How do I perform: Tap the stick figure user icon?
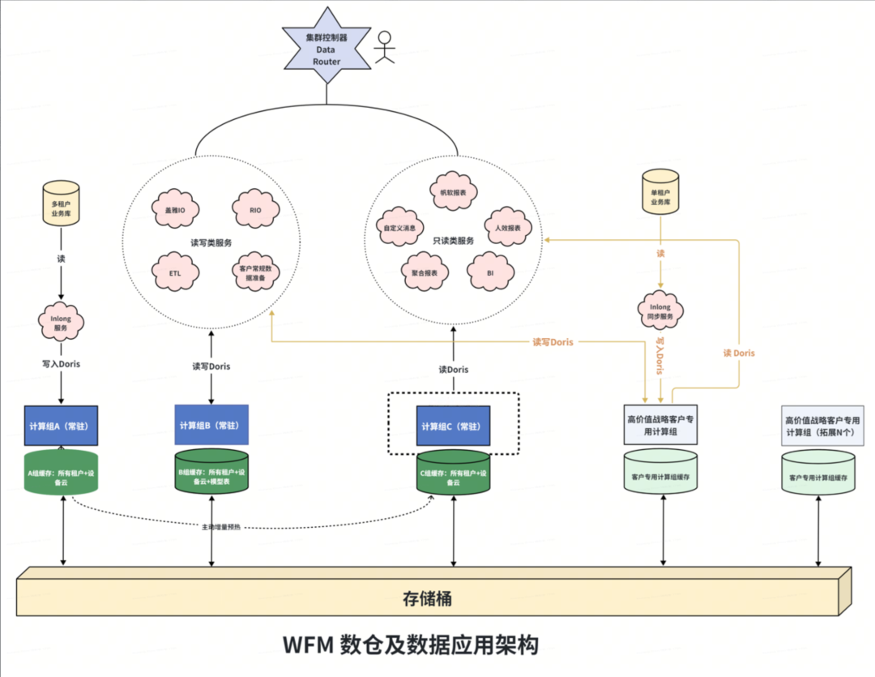click(x=384, y=47)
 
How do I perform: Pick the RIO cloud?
click(x=256, y=209)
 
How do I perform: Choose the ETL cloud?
click(x=176, y=272)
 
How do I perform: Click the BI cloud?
click(x=490, y=273)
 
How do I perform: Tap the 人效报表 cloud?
click(x=508, y=229)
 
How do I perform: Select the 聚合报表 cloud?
click(x=424, y=273)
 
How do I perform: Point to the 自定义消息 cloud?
click(x=400, y=229)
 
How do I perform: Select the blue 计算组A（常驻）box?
click(x=62, y=426)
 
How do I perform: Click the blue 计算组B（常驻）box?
click(x=211, y=426)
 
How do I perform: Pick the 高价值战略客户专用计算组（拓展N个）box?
click(x=822, y=426)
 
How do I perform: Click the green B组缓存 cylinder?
click(x=211, y=472)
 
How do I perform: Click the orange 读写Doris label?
click(x=553, y=342)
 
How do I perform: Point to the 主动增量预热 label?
click(x=220, y=527)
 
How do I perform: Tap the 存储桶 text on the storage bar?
click(x=427, y=599)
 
